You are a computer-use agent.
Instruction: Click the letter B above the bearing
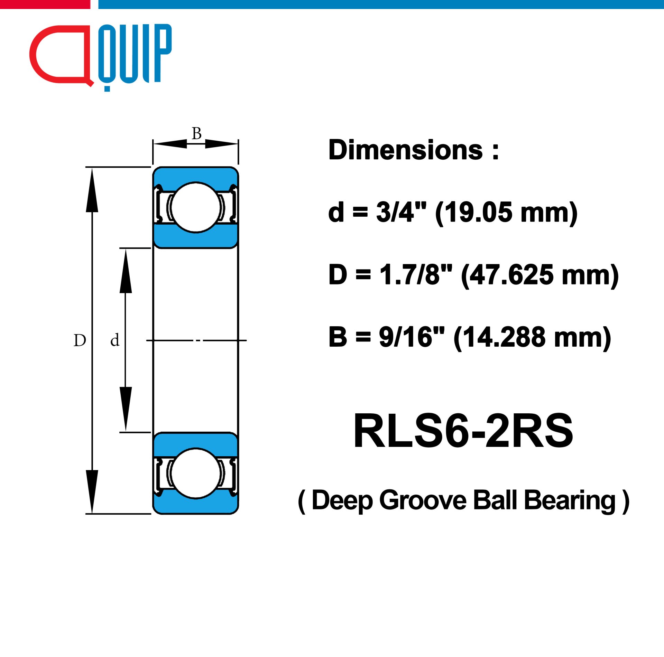coord(196,133)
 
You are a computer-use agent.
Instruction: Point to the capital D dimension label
coord(80,340)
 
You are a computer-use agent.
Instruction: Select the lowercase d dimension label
coord(115,340)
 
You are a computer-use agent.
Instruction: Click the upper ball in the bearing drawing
coord(196,207)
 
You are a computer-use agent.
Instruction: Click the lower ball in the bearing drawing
coord(196,473)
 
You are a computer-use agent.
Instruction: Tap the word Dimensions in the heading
coord(406,150)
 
